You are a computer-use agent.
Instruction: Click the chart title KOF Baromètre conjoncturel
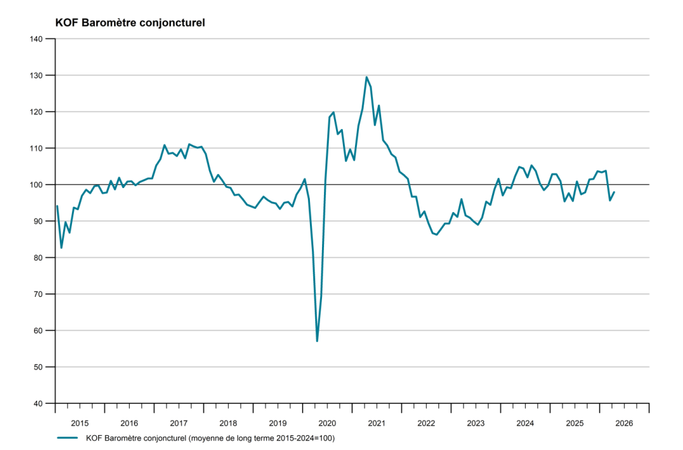(x=130, y=23)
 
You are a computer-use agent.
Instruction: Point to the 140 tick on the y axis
(x=36, y=39)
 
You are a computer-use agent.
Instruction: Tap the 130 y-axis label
(x=36, y=76)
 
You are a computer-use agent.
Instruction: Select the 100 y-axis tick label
(x=36, y=185)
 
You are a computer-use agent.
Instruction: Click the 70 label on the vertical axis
(x=38, y=294)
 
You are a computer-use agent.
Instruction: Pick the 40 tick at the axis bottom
(x=38, y=404)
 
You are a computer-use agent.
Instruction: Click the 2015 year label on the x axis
(x=80, y=423)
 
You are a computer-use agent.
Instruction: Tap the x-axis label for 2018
(x=229, y=423)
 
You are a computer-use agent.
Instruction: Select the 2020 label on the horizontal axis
(x=327, y=423)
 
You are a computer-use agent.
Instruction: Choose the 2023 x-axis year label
(x=476, y=423)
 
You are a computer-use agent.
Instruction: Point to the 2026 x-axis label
(x=625, y=423)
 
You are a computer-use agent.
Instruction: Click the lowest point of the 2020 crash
(x=317, y=341)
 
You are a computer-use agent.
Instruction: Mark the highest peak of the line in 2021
(x=366, y=77)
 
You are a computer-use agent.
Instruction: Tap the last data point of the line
(x=614, y=192)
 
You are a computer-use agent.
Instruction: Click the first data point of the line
(x=57, y=206)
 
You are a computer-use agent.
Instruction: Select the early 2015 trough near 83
(x=61, y=248)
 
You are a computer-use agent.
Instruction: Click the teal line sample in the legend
(x=67, y=438)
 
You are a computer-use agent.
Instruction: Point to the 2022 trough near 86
(x=436, y=234)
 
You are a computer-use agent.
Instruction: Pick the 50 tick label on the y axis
(x=38, y=367)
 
